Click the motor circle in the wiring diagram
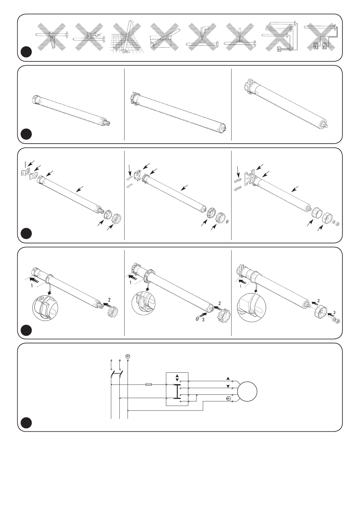247,391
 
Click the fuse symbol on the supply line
149,384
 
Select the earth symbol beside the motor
228,399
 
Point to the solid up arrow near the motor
228,378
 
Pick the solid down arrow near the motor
228,386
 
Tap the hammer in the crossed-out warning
90,35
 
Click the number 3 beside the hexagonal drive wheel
334,312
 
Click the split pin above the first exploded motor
24,163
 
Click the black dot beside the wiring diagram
27,423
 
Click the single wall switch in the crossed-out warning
279,49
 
